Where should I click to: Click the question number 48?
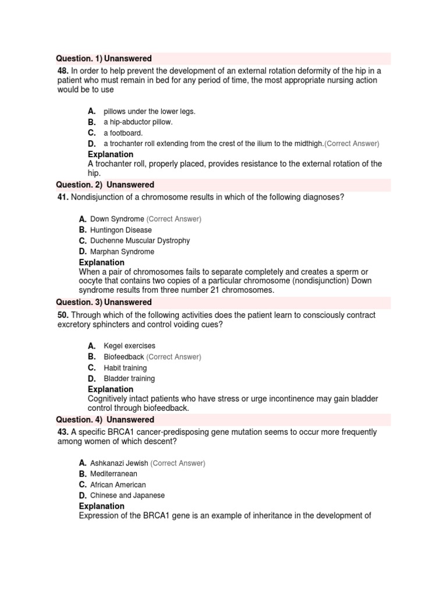coord(63,71)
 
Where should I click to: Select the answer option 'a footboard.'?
coord(123,133)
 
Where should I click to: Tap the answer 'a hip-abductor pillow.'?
coord(138,122)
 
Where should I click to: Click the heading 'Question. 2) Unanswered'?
coord(105,185)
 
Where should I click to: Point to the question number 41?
coord(63,197)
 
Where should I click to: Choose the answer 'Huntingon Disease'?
coord(121,230)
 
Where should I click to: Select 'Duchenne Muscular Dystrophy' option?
coord(140,241)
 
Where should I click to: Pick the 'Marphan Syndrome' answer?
coord(122,252)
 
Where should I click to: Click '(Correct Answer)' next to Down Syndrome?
coord(174,219)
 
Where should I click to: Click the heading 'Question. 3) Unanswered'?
coord(104,303)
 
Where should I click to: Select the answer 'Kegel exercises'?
coord(129,346)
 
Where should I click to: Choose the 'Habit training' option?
coord(125,368)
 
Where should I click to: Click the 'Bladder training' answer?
coord(129,379)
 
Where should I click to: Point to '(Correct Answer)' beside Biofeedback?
coord(173,357)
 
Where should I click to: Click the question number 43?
coord(63,432)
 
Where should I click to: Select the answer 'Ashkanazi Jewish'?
coord(119,463)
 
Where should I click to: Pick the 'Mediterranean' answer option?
coord(113,474)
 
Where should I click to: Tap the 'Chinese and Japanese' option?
coord(127,496)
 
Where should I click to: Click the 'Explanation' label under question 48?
coord(111,155)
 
